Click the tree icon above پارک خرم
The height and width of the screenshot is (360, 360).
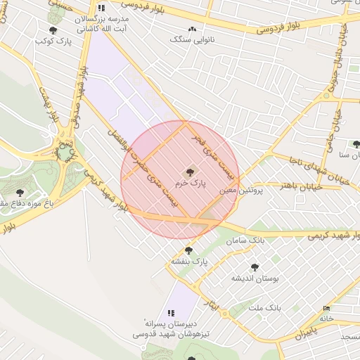pyautogui.click(x=189, y=172)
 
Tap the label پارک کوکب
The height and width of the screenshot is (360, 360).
pyautogui.click(x=53, y=41)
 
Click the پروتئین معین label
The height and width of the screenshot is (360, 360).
pyautogui.click(x=240, y=190)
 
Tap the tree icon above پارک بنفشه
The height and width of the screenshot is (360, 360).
pyautogui.click(x=188, y=250)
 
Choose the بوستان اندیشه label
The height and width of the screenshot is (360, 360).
pyautogui.click(x=255, y=278)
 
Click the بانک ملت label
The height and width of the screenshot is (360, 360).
pyautogui.click(x=265, y=307)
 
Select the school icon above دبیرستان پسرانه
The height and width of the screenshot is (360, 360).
pyautogui.click(x=170, y=313)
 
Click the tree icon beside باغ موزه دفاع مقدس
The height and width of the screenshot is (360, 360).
pyautogui.click(x=18, y=192)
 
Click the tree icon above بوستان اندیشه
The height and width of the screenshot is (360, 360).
pyautogui.click(x=255, y=267)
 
